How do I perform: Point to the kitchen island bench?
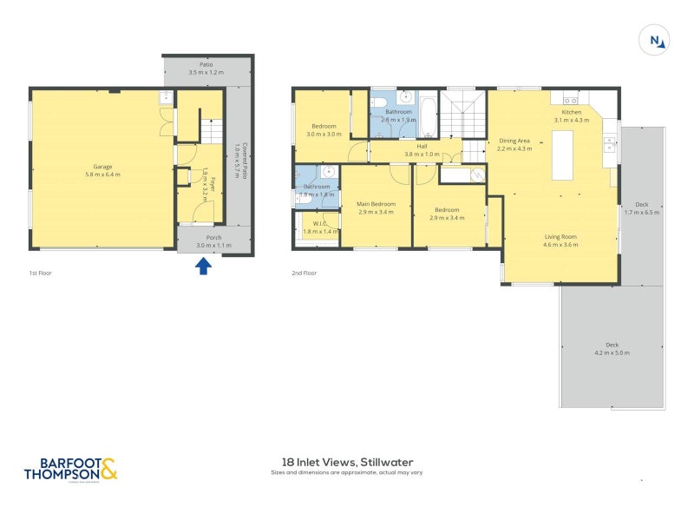[x=563, y=154]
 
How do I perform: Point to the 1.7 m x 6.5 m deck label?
[x=642, y=208]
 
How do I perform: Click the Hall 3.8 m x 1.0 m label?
[x=422, y=150]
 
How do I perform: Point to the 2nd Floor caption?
[x=304, y=273]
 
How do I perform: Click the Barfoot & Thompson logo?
[x=69, y=470]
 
